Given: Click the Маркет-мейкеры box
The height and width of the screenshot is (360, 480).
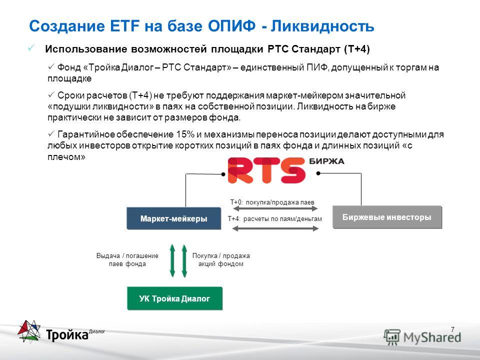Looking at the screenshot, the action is click(174, 218).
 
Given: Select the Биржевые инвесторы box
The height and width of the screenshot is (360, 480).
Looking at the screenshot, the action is click(387, 217).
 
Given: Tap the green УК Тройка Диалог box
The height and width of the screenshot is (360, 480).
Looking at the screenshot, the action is click(175, 298).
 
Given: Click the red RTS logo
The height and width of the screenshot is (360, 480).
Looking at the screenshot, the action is click(266, 170).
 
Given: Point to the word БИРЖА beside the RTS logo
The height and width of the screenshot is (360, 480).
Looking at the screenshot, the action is click(326, 161).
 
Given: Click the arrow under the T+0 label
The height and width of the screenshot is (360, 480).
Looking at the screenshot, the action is click(275, 209).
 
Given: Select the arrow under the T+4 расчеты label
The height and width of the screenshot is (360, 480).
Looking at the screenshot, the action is click(275, 228).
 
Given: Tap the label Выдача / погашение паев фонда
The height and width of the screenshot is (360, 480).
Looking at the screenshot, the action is click(127, 259).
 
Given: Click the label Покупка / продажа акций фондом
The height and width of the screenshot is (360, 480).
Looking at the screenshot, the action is click(221, 259).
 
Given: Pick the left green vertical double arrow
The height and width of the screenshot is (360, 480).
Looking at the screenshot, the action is click(172, 260).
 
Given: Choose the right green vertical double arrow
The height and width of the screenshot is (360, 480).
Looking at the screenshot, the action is click(184, 260).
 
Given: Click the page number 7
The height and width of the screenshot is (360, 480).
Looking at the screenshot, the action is click(453, 329).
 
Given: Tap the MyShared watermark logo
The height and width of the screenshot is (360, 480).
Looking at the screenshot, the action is click(422, 337).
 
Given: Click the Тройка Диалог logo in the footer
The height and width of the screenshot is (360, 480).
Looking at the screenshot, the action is click(61, 331).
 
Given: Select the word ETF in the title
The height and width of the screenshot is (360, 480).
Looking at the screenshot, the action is click(124, 25).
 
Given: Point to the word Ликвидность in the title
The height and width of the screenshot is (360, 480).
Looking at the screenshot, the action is click(322, 25).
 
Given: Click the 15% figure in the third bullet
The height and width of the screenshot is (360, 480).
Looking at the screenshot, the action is click(185, 134).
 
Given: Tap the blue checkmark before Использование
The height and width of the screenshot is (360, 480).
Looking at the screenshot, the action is click(31, 48).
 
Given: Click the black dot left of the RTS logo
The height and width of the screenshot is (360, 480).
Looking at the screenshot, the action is click(223, 174).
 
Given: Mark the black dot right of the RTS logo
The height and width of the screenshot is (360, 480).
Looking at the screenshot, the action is click(318, 173).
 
